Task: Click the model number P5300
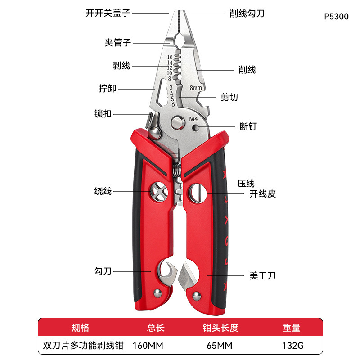(x=336, y=17)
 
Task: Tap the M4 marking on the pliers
(x=193, y=119)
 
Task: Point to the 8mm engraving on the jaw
(x=196, y=88)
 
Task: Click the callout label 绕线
(x=103, y=191)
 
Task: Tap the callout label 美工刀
(x=262, y=275)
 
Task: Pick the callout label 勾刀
(x=103, y=271)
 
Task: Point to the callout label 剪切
(x=229, y=97)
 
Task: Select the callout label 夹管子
(x=117, y=43)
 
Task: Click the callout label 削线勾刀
(x=247, y=13)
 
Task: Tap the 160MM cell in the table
(x=148, y=346)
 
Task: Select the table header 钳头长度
(x=220, y=328)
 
